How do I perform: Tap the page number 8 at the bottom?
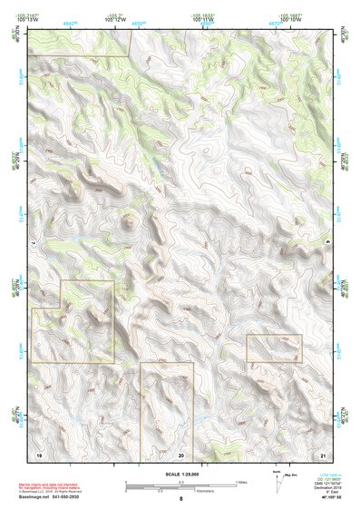click(x=180, y=499)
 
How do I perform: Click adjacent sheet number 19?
click(x=39, y=453)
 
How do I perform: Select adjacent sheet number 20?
click(x=181, y=454)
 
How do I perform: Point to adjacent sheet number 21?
click(x=322, y=454)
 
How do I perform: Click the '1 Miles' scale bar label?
click(x=240, y=481)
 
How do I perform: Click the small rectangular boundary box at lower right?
click(x=274, y=348)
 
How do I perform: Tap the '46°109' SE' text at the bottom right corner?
click(x=328, y=498)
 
